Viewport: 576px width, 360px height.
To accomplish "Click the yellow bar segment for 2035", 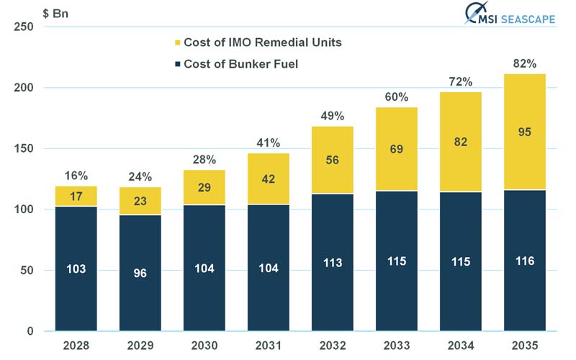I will tap(525, 132).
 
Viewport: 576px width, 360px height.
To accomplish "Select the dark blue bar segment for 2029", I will tap(140, 274).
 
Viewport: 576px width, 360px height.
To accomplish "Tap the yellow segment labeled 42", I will tap(268, 179).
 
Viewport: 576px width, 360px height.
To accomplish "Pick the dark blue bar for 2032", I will tap(332, 263).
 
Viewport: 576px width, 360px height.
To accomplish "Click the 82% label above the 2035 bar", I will tap(525, 64).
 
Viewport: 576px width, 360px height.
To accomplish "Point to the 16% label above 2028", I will tap(76, 176).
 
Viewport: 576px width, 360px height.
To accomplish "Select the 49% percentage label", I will tap(332, 116).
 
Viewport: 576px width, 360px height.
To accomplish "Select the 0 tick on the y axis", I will tap(30, 331).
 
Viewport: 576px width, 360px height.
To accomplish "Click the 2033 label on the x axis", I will tap(396, 346).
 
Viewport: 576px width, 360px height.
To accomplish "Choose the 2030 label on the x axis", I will tap(204, 346).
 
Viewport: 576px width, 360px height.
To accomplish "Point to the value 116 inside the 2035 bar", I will tap(525, 261).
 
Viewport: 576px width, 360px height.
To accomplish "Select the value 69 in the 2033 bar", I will tap(396, 149).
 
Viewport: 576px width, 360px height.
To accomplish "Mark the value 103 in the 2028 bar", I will tap(76, 269).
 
